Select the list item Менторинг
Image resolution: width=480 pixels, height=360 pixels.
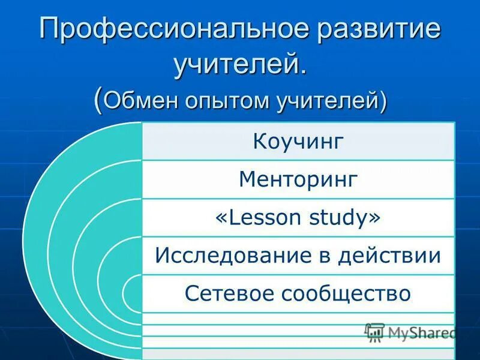pyautogui.click(x=298, y=179)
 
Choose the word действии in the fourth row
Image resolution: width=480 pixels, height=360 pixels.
pyautogui.click(x=388, y=256)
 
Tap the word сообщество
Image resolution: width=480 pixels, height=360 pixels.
pyautogui.click(x=344, y=294)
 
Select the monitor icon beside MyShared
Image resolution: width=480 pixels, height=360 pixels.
pyautogui.click(x=374, y=332)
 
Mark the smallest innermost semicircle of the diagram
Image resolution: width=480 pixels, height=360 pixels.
pyautogui.click(x=133, y=294)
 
